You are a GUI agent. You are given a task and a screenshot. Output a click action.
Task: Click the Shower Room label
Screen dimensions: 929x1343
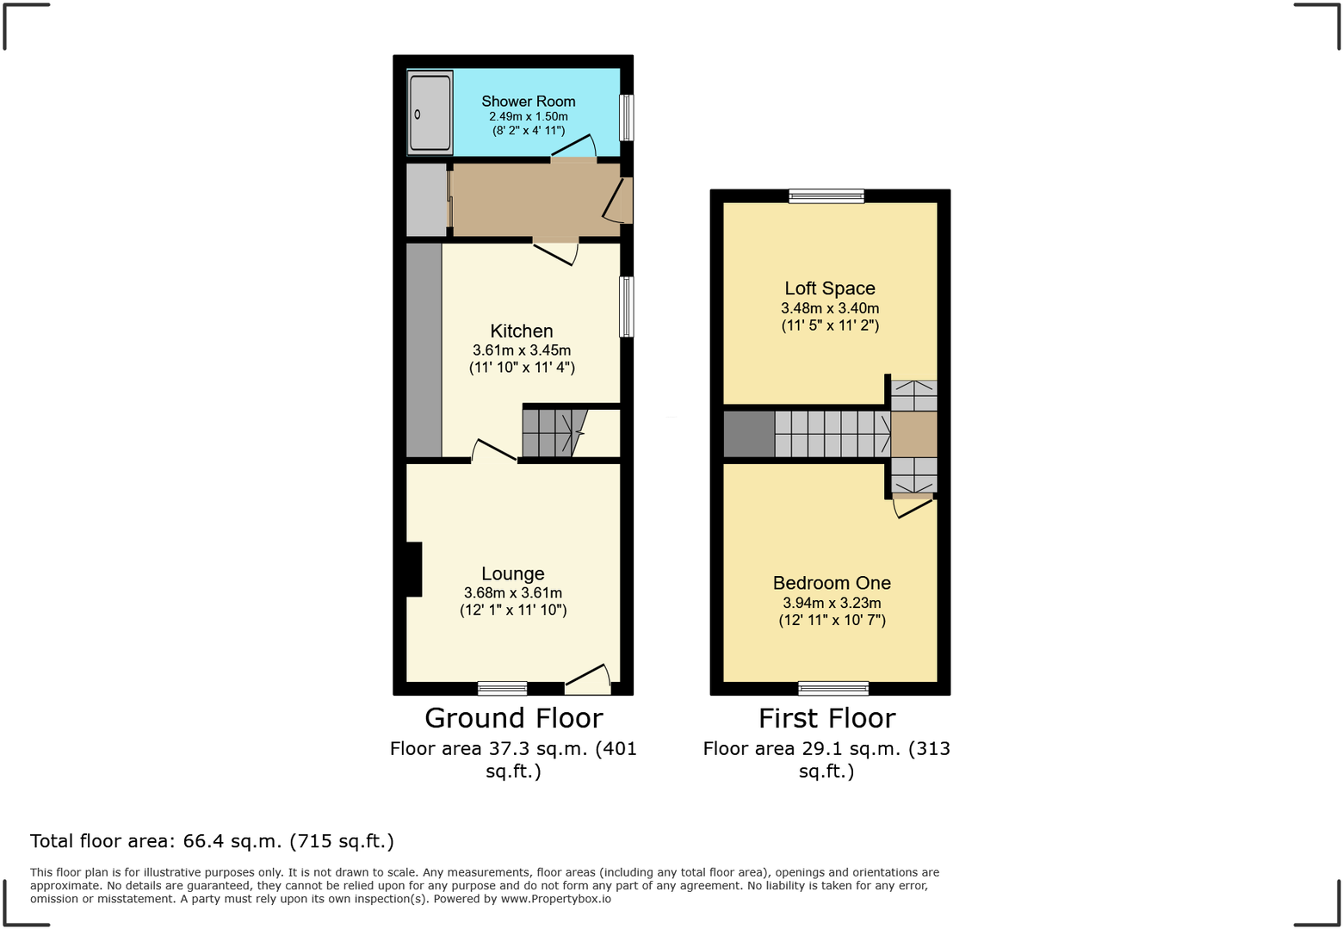pyautogui.click(x=528, y=102)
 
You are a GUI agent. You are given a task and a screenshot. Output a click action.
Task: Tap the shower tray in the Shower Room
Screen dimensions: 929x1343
pyautogui.click(x=430, y=113)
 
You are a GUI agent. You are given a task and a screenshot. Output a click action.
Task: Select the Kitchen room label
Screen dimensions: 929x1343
pyautogui.click(x=522, y=331)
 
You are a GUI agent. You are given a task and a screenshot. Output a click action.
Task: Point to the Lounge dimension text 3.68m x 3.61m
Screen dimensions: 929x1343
pyautogui.click(x=513, y=593)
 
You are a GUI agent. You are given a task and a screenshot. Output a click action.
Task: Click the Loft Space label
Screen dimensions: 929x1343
pyautogui.click(x=830, y=288)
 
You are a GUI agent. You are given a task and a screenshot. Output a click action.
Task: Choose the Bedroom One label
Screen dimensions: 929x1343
pyautogui.click(x=832, y=583)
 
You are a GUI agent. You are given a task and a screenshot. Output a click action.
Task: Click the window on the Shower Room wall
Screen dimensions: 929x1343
pyautogui.click(x=627, y=117)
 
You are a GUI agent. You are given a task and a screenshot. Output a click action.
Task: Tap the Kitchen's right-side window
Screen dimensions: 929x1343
pyautogui.click(x=627, y=307)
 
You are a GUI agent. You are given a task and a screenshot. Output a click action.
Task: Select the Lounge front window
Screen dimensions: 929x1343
pyautogui.click(x=502, y=688)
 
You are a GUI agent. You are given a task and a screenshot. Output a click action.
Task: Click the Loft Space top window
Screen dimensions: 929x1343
pyautogui.click(x=826, y=196)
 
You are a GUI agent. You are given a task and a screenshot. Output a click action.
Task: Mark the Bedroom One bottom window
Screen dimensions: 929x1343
pyautogui.click(x=833, y=688)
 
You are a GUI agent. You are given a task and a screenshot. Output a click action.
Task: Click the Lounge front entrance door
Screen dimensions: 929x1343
pyautogui.click(x=588, y=681)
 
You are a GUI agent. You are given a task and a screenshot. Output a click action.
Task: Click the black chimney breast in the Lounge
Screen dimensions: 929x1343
pyautogui.click(x=413, y=569)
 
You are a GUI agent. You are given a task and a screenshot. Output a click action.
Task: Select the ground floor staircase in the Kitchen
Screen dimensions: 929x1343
pyautogui.click(x=551, y=433)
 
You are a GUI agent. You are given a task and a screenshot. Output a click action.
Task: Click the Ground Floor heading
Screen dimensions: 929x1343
pyautogui.click(x=513, y=718)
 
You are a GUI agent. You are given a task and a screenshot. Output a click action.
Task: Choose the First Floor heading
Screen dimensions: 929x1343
pyautogui.click(x=826, y=718)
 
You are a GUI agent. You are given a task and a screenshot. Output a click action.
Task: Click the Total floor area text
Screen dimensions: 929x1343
pyautogui.click(x=212, y=841)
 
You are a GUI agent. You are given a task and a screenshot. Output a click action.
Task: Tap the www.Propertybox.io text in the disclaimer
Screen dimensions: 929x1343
pyautogui.click(x=555, y=899)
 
